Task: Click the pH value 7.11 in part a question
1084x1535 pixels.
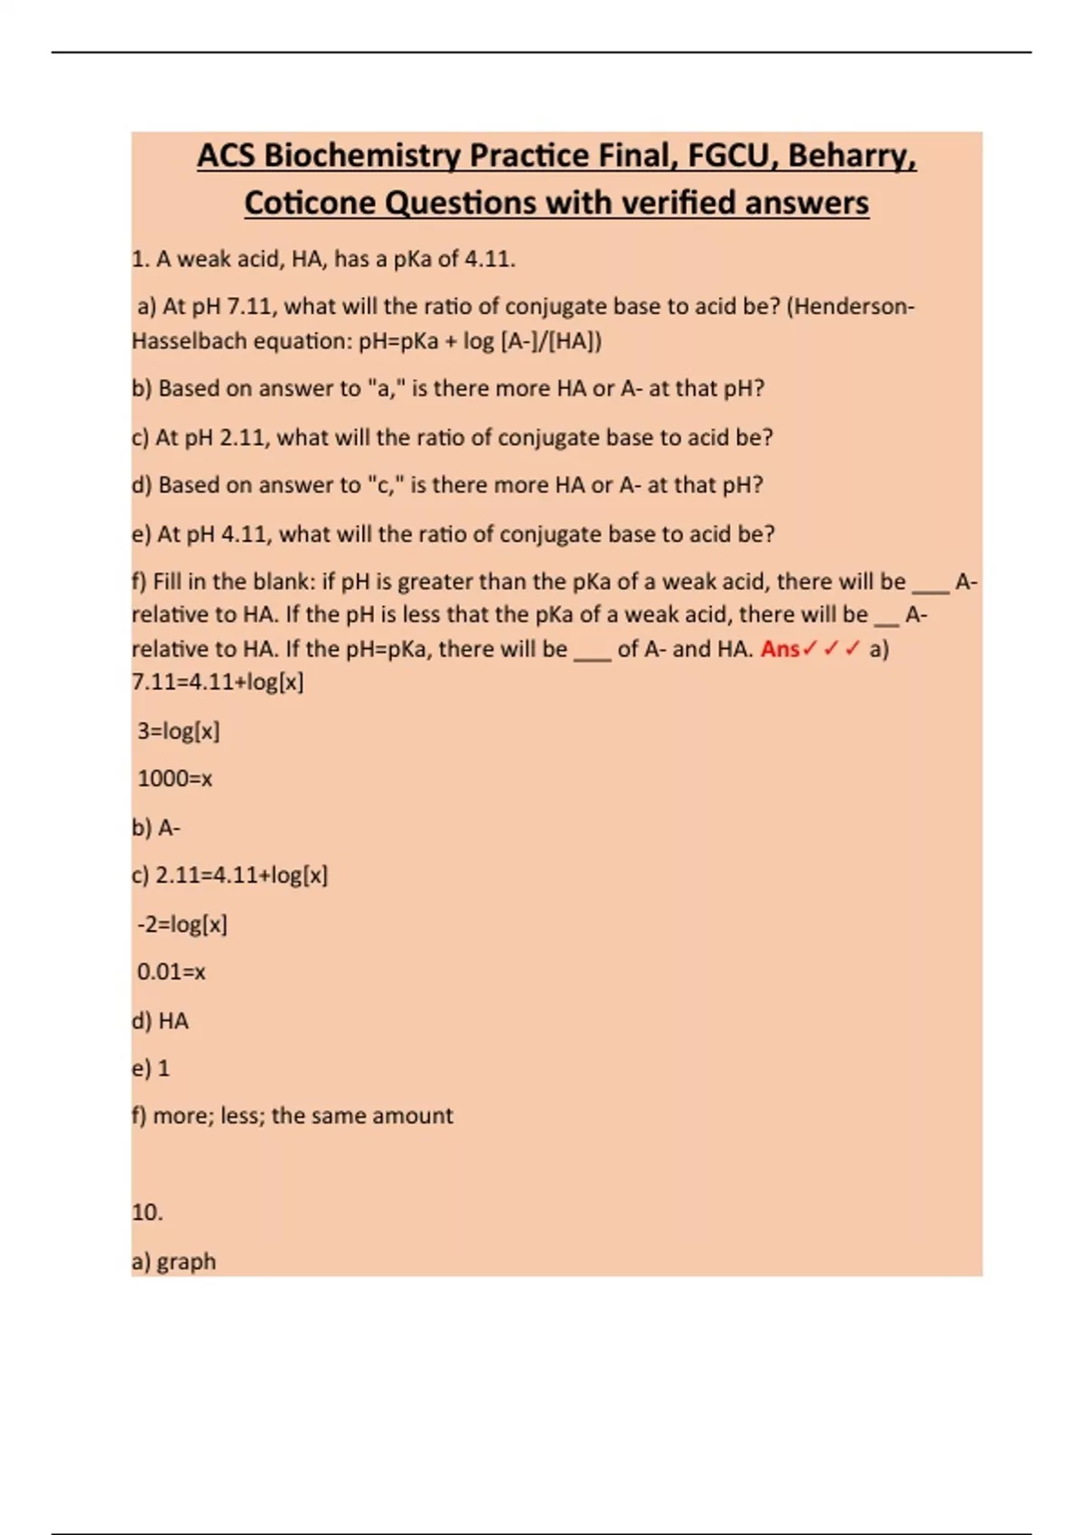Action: [249, 307]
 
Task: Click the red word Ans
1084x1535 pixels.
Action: [780, 649]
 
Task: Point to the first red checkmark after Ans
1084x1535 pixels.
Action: [809, 649]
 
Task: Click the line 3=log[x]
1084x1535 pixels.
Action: [178, 730]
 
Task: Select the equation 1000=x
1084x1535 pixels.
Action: [174, 778]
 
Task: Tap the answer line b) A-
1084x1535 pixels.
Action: [156, 827]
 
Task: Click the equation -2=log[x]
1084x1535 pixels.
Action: [182, 924]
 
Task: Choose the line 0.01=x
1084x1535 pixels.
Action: [171, 972]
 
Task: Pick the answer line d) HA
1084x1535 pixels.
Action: [160, 1021]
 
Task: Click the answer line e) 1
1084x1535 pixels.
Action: [151, 1068]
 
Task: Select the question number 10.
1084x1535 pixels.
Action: [147, 1213]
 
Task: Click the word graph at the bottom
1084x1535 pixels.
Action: [186, 1261]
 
